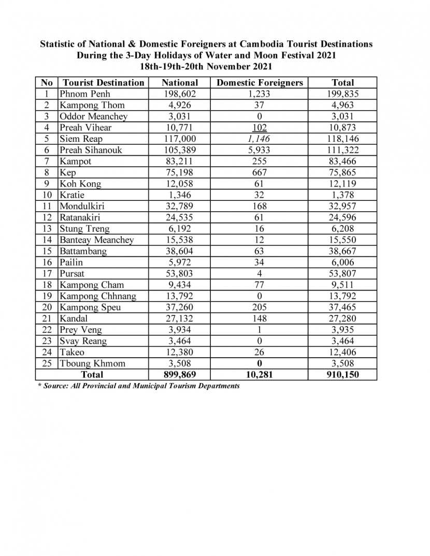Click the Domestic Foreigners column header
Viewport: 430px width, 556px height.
259,83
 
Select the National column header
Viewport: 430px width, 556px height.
180,83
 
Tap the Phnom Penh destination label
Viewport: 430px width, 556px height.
85,94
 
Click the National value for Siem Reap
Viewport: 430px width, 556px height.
180,139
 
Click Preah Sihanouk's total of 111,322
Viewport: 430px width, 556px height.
342,150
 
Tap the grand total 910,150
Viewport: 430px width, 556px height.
342,374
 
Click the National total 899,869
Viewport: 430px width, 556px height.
180,374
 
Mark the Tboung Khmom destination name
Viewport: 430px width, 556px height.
92,363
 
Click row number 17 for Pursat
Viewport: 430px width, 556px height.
47,273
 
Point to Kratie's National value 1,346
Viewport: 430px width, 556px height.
180,195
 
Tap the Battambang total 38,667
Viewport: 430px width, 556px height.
342,251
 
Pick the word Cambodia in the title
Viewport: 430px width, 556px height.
220,44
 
